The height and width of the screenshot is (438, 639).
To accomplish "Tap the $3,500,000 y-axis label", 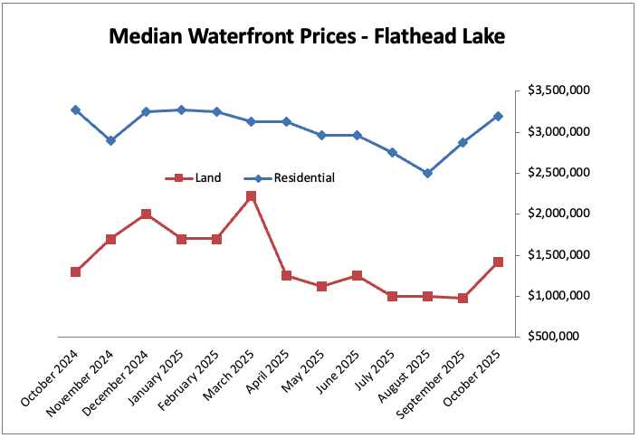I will point(558,91).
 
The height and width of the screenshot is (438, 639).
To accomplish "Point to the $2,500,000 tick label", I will point(558,173).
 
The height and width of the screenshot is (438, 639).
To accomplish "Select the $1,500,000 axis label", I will point(558,255).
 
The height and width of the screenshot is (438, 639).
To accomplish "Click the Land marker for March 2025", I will point(252,196).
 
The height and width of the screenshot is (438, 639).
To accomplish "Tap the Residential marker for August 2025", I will point(427,173).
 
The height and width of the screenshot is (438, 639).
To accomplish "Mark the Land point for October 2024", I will point(75,271).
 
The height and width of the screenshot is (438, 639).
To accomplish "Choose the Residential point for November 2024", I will point(110,140).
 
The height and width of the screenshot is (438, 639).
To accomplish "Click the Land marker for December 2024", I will point(146,214).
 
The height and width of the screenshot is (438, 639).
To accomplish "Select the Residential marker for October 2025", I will point(498,116).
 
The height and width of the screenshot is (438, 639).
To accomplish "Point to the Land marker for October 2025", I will point(498,262).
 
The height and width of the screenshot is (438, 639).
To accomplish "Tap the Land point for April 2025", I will point(287,275).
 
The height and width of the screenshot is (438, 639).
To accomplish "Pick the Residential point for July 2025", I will point(392,152).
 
